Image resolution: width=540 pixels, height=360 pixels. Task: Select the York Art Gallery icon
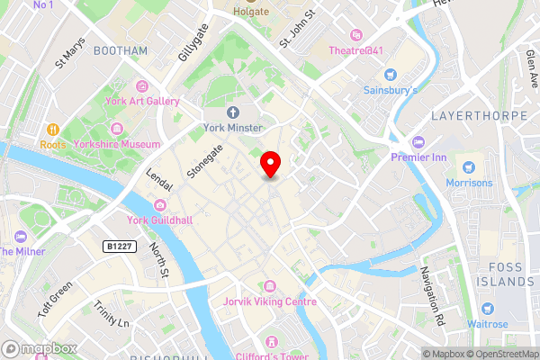pos(142,85)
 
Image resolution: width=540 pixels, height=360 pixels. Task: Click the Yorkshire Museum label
pos(118,144)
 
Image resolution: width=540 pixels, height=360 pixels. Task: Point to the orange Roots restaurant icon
pos(53,130)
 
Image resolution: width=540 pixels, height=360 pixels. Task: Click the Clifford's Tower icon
pos(270,342)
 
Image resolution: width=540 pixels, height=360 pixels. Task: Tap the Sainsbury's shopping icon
pos(390,75)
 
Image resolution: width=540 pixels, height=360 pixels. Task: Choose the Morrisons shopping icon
pos(467,167)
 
